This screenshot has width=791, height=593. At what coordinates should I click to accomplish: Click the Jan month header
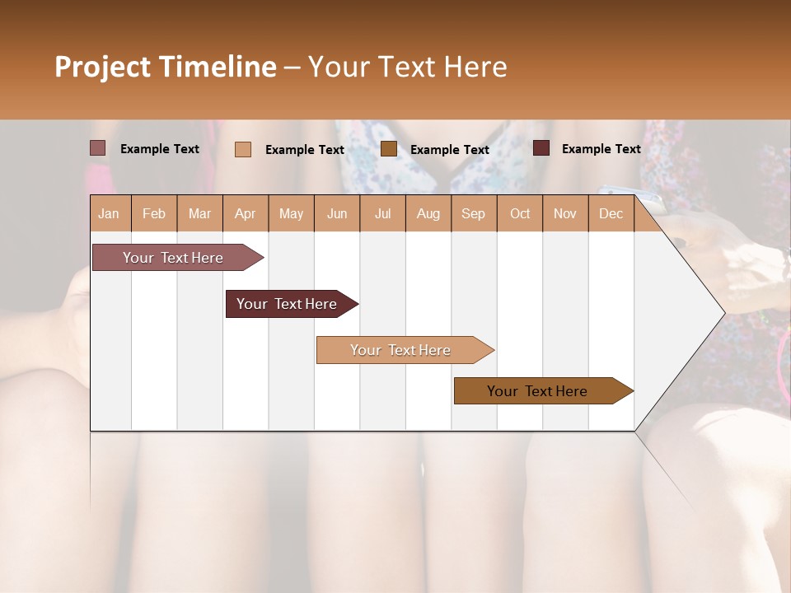[x=109, y=213]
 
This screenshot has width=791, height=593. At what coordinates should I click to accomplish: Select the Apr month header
[x=245, y=213]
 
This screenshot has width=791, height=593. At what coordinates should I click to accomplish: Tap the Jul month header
[x=382, y=213]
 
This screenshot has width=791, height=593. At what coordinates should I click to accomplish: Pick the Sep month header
[x=473, y=213]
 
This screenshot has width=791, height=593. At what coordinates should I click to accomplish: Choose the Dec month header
[x=611, y=213]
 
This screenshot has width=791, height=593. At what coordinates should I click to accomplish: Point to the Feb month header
[x=154, y=213]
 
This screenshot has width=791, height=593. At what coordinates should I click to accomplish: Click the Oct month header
[x=520, y=213]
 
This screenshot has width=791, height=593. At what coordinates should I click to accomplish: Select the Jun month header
[x=337, y=213]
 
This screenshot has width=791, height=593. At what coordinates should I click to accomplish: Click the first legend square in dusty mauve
[x=97, y=148]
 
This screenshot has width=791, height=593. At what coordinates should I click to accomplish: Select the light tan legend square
[x=242, y=149]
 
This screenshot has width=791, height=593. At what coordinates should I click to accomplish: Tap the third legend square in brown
[x=389, y=149]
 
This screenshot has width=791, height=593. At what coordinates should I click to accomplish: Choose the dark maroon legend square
[x=541, y=148]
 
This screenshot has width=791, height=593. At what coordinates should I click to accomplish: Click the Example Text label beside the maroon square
[x=601, y=148]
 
